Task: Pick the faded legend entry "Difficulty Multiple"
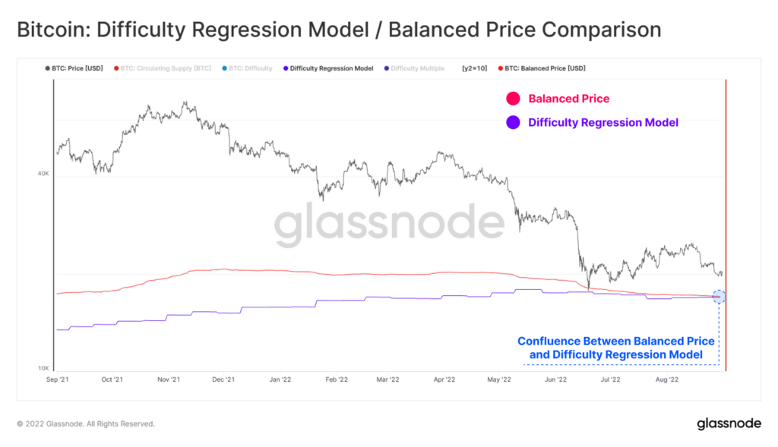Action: (417, 68)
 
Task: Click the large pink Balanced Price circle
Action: (513, 99)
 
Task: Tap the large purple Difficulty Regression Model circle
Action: (513, 122)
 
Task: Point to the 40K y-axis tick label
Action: (43, 174)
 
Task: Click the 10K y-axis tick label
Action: (43, 368)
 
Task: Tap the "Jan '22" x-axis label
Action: (279, 379)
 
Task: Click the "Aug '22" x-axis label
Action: (666, 379)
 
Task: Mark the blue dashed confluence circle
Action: (719, 296)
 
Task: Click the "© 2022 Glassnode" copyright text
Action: (85, 423)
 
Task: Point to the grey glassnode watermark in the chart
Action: (388, 225)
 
